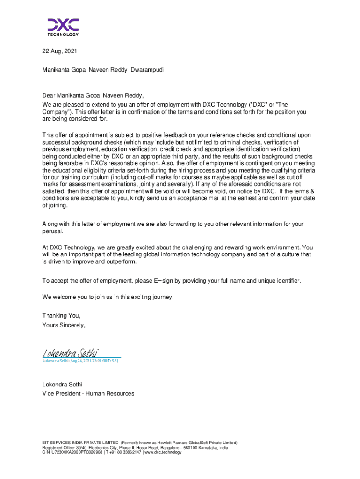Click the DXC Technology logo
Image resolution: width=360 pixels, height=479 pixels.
click(x=63, y=27)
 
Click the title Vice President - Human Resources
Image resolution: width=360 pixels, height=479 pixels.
click(x=88, y=394)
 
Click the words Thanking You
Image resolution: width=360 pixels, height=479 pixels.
click(x=58, y=316)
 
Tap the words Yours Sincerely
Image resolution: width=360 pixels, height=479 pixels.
click(x=64, y=325)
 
